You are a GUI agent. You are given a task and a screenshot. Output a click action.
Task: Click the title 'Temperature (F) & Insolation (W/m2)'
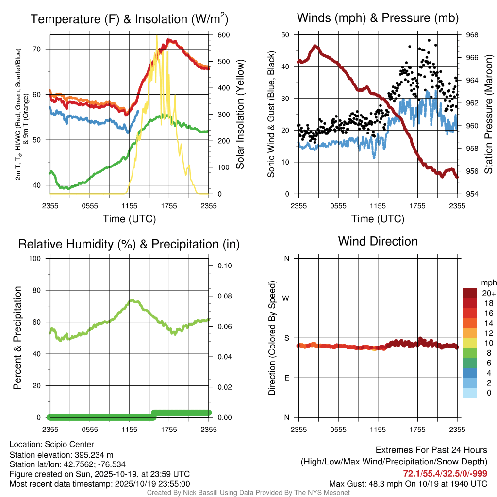pyautogui.click(x=129, y=19)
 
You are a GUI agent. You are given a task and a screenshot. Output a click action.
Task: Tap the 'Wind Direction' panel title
pyautogui.click(x=378, y=241)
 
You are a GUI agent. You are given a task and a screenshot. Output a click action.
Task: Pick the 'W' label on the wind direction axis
pyautogui.click(x=287, y=298)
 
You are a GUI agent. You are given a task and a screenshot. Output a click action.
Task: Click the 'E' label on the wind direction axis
pyautogui.click(x=287, y=378)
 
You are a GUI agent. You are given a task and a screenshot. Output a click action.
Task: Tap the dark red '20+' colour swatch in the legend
pyautogui.click(x=470, y=293)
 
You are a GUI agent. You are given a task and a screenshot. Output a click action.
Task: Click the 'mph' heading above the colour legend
pyautogui.click(x=487, y=282)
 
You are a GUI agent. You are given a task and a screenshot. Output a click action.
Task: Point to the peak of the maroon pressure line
pyautogui.click(x=315, y=46)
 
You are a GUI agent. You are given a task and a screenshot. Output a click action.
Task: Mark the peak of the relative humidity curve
pyautogui.click(x=132, y=300)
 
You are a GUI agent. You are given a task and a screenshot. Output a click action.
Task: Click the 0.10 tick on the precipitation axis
pyautogui.click(x=224, y=265)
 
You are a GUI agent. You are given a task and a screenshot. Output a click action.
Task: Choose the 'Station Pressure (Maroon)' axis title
pyautogui.click(x=489, y=114)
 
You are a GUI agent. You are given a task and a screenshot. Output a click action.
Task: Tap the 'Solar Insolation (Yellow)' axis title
pyautogui.click(x=240, y=114)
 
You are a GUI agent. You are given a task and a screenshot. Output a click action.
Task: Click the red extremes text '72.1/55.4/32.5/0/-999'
pyautogui.click(x=445, y=473)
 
